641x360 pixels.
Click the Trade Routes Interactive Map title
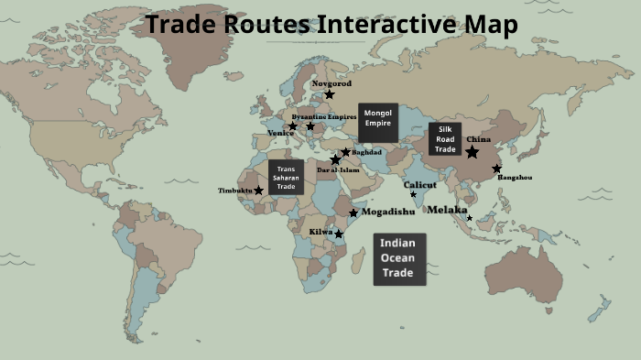pos(331,25)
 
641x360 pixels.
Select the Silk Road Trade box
pos(445,139)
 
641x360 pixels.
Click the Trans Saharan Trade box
pos(286,177)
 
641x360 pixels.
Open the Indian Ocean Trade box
pos(399,258)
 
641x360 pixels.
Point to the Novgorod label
pos(331,82)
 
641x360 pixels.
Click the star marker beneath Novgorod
pos(329,94)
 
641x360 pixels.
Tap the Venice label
pos(280,133)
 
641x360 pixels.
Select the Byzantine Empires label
pos(323,117)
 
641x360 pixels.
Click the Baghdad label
pos(366,152)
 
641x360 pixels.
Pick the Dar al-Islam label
pos(338,169)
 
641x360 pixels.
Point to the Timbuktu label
pos(234,191)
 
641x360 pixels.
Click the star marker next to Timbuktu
pos(258,191)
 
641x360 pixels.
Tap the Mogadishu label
pos(388,212)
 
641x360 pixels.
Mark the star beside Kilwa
pos(339,235)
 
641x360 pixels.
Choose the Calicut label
pos(420,184)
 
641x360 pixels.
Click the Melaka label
pos(447,210)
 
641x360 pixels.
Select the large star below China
pos(472,152)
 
